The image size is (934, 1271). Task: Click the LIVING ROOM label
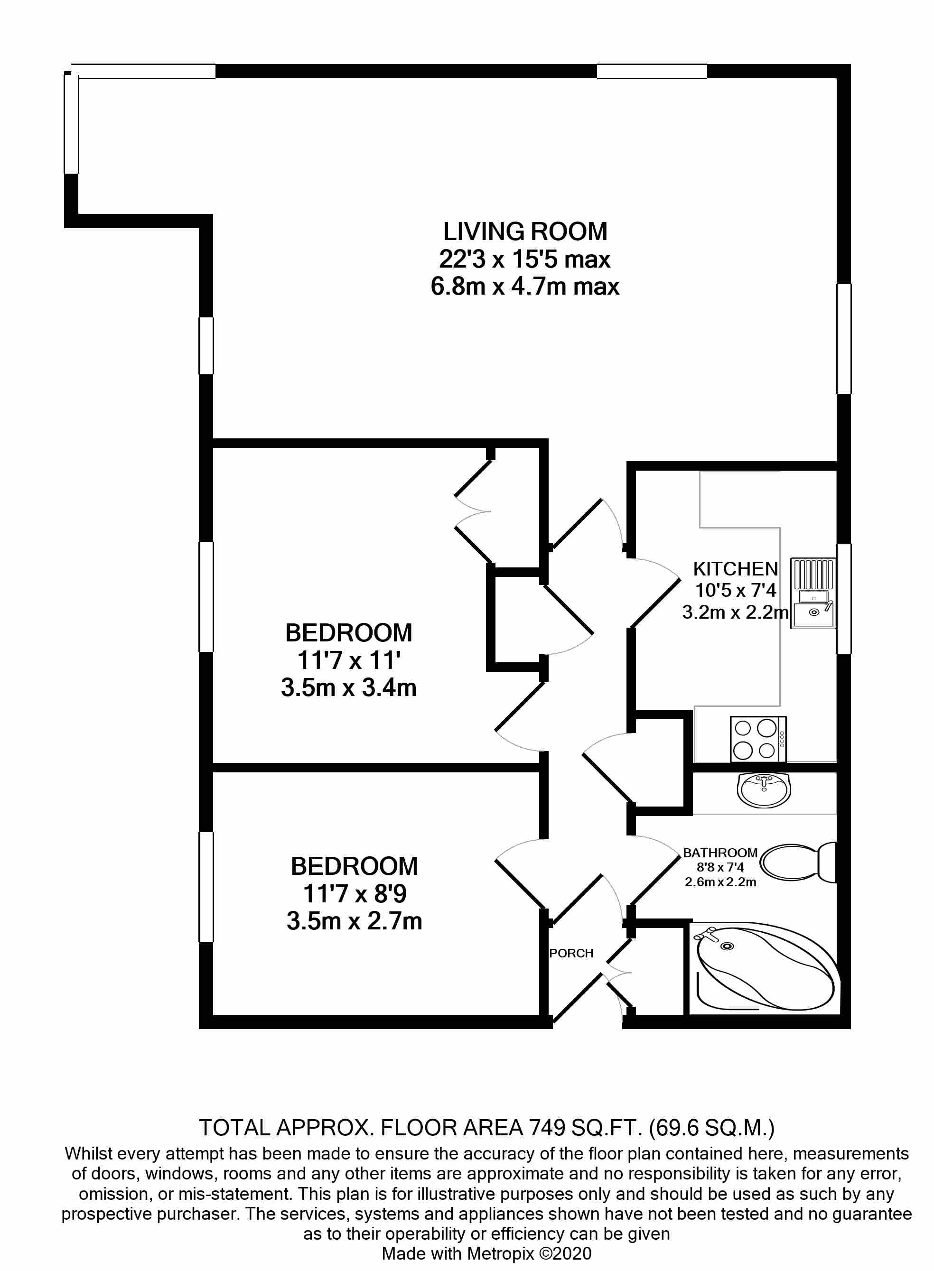point(525,232)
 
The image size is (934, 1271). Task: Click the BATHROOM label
point(720,853)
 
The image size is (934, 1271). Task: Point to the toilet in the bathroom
point(797,863)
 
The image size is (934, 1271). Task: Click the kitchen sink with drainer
point(813,593)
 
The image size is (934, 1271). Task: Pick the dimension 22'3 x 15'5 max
point(525,260)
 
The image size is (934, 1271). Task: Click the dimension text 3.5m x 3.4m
point(348,688)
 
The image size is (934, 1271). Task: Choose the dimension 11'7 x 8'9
point(355,893)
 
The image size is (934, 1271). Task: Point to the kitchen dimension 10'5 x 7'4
point(735,591)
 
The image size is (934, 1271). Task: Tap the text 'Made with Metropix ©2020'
point(486,1253)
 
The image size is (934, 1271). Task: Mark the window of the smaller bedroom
point(206,887)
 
